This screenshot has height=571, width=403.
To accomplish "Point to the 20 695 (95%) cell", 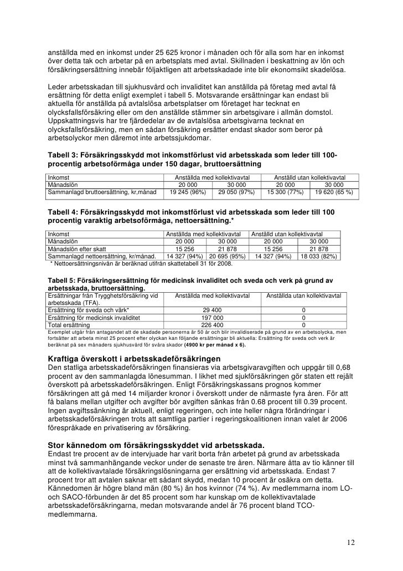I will (x=228, y=257).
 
